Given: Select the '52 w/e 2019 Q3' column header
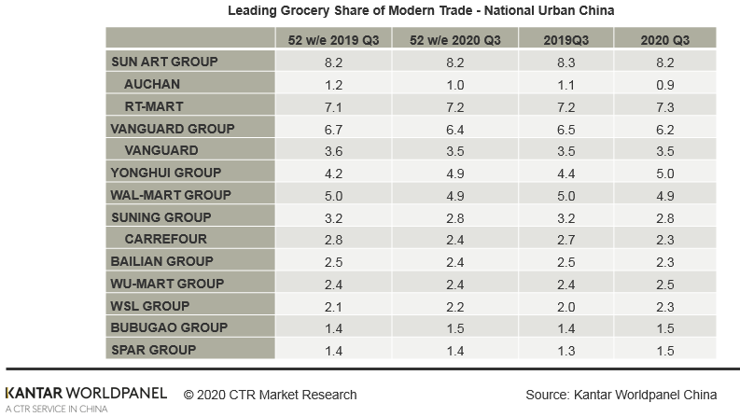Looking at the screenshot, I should [x=334, y=39].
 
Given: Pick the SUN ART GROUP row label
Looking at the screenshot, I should [x=164, y=62].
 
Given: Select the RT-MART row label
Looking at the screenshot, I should [x=154, y=106].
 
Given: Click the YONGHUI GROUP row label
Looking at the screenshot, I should [x=166, y=173].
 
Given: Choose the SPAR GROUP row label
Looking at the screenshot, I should [x=154, y=350].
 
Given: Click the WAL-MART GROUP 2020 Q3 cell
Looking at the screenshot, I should [x=665, y=195].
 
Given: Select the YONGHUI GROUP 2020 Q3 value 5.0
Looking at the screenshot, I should [x=665, y=173].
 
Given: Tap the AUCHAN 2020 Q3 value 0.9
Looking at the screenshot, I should [x=665, y=84].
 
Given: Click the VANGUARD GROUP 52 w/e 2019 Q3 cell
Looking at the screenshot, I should [x=334, y=128].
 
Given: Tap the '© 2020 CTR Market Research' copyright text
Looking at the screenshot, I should [x=270, y=395].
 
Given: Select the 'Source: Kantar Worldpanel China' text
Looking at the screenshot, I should [x=621, y=395].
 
